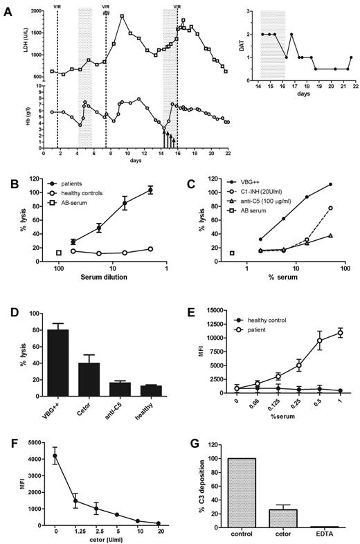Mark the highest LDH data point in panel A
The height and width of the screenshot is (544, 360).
tap(122, 16)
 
